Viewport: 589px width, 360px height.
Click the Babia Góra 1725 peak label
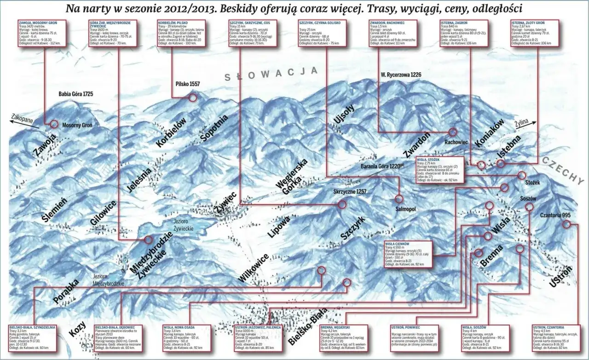76,94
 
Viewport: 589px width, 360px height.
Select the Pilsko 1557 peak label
187,84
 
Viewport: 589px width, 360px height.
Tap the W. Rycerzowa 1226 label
400,74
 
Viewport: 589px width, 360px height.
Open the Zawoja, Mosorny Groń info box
41,32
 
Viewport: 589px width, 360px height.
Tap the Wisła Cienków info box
408,254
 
